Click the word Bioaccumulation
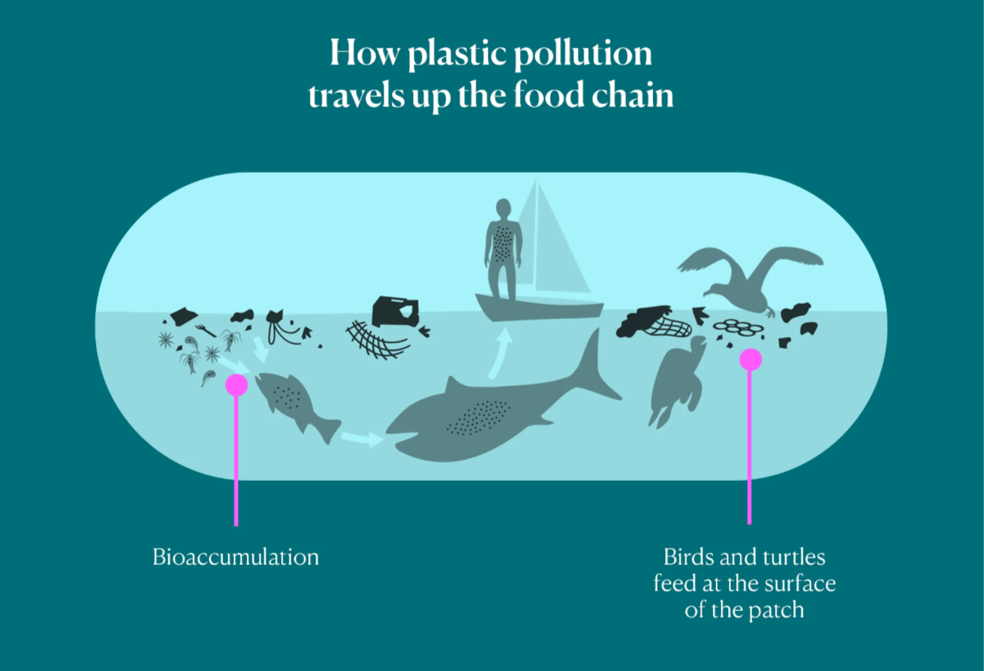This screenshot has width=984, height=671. pyautogui.click(x=236, y=557)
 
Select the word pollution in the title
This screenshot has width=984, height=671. pyautogui.click(x=583, y=54)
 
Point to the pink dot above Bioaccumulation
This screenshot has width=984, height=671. pyautogui.click(x=236, y=385)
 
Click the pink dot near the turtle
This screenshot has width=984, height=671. pyautogui.click(x=750, y=359)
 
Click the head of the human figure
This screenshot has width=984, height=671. pyautogui.click(x=503, y=207)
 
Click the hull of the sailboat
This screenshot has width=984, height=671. pyautogui.click(x=539, y=308)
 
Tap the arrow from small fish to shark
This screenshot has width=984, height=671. pyautogui.click(x=362, y=438)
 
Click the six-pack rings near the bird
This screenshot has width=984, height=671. pyautogui.click(x=738, y=327)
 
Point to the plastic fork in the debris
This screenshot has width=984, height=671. pyautogui.click(x=205, y=330)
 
